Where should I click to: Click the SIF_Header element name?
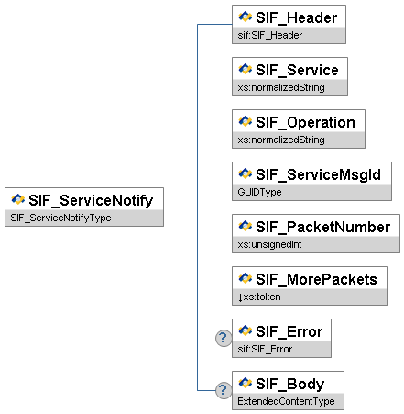(x=296, y=17)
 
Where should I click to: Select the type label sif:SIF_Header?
(x=270, y=35)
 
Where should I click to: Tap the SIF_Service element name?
(x=297, y=70)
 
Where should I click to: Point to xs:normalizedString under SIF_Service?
(x=281, y=87)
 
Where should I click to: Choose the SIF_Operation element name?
(x=305, y=122)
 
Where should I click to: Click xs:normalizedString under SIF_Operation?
(x=281, y=140)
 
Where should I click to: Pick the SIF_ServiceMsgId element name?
(x=318, y=174)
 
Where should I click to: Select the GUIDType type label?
(x=259, y=192)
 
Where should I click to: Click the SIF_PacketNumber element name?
(x=322, y=227)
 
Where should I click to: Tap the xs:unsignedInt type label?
(x=269, y=244)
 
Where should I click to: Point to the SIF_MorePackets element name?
(x=316, y=279)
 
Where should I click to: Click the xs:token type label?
(x=259, y=297)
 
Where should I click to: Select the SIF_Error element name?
(x=289, y=331)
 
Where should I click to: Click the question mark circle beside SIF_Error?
(x=224, y=338)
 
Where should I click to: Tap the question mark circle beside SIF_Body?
(x=224, y=390)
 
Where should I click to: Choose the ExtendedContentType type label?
(x=286, y=401)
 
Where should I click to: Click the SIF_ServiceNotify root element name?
(x=91, y=201)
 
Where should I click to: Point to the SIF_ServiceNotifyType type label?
(x=60, y=218)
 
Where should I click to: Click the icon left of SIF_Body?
(x=246, y=383)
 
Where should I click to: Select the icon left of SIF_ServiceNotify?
(x=18, y=199)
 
